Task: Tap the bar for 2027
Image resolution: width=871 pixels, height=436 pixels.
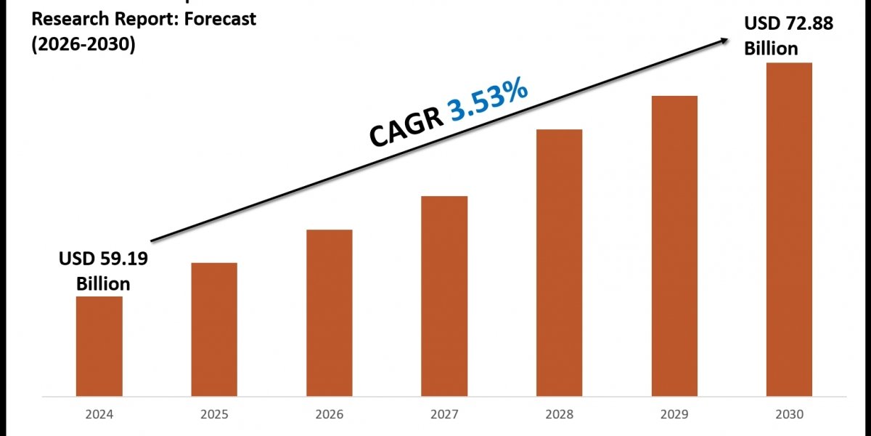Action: point(444,296)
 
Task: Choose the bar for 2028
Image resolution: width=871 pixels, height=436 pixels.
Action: point(559,262)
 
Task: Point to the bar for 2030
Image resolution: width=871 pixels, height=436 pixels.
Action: point(789,229)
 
